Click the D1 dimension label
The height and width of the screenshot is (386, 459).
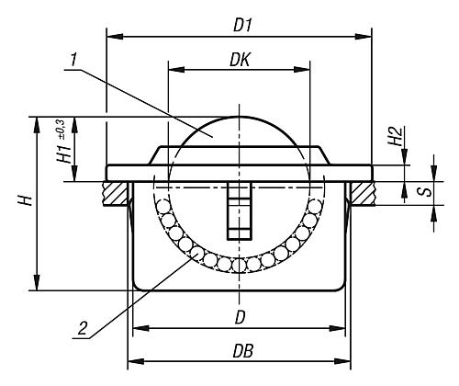tap(241, 27)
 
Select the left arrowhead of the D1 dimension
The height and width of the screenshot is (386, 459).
tap(111, 38)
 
